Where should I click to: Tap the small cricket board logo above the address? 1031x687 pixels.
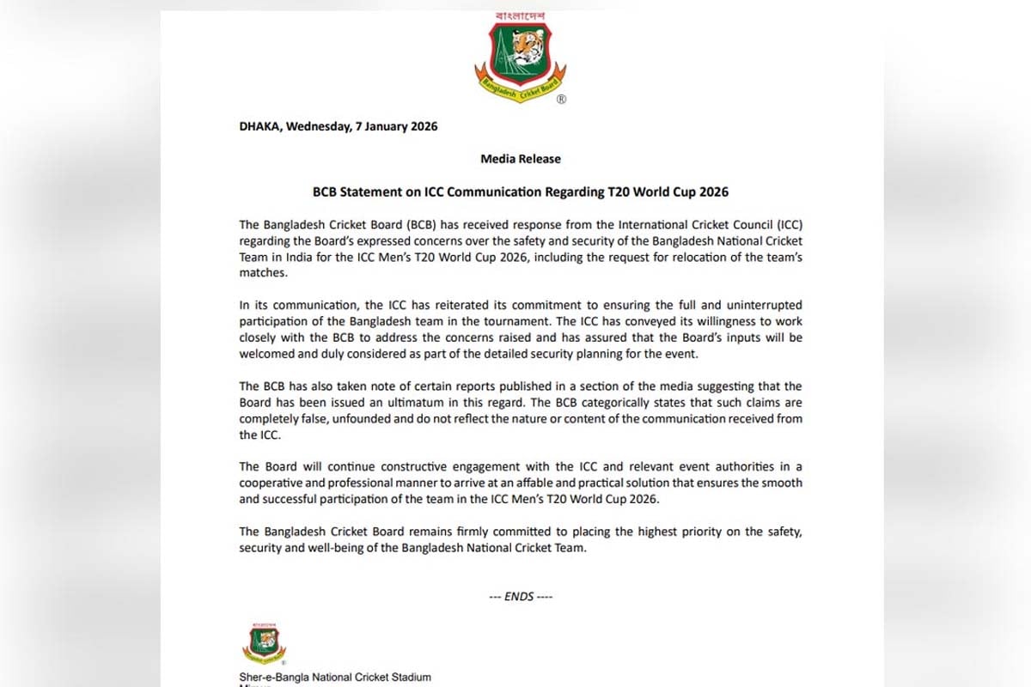[x=263, y=643]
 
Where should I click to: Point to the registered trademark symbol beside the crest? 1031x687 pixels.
[x=561, y=100]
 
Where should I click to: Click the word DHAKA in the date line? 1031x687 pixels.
[x=260, y=126]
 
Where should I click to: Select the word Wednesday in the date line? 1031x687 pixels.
[x=317, y=126]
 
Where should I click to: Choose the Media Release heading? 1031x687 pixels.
[x=521, y=159]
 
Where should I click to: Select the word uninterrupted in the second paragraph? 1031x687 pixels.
[x=757, y=306]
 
